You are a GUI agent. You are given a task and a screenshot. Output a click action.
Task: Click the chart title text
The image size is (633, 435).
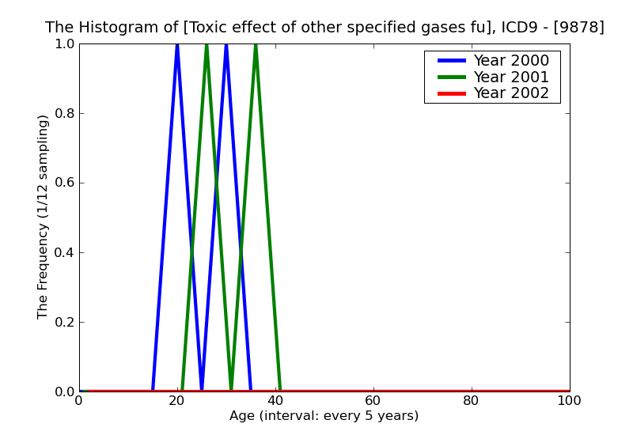(324, 28)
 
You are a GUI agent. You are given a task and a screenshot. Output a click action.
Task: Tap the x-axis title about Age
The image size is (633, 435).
(324, 416)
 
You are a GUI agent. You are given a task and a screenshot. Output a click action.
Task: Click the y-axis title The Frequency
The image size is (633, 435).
(44, 217)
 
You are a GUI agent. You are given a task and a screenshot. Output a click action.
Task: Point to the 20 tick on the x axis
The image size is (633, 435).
(176, 401)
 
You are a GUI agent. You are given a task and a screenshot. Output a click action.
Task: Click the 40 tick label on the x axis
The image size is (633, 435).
(275, 401)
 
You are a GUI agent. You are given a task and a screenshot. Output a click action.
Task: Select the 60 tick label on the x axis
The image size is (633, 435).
(373, 401)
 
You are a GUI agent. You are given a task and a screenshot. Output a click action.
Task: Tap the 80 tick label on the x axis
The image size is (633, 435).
(471, 401)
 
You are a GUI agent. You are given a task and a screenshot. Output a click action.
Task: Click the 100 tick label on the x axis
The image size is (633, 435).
(569, 401)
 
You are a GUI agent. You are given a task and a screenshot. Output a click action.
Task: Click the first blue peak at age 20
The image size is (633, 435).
(176, 46)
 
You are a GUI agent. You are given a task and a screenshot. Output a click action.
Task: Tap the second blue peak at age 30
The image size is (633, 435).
(226, 46)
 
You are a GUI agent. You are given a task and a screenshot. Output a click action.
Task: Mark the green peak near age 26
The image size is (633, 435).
(207, 46)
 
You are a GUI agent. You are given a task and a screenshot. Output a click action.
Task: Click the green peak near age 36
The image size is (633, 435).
(256, 46)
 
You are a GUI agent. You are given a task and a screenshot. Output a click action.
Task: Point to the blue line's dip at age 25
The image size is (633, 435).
(201, 388)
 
